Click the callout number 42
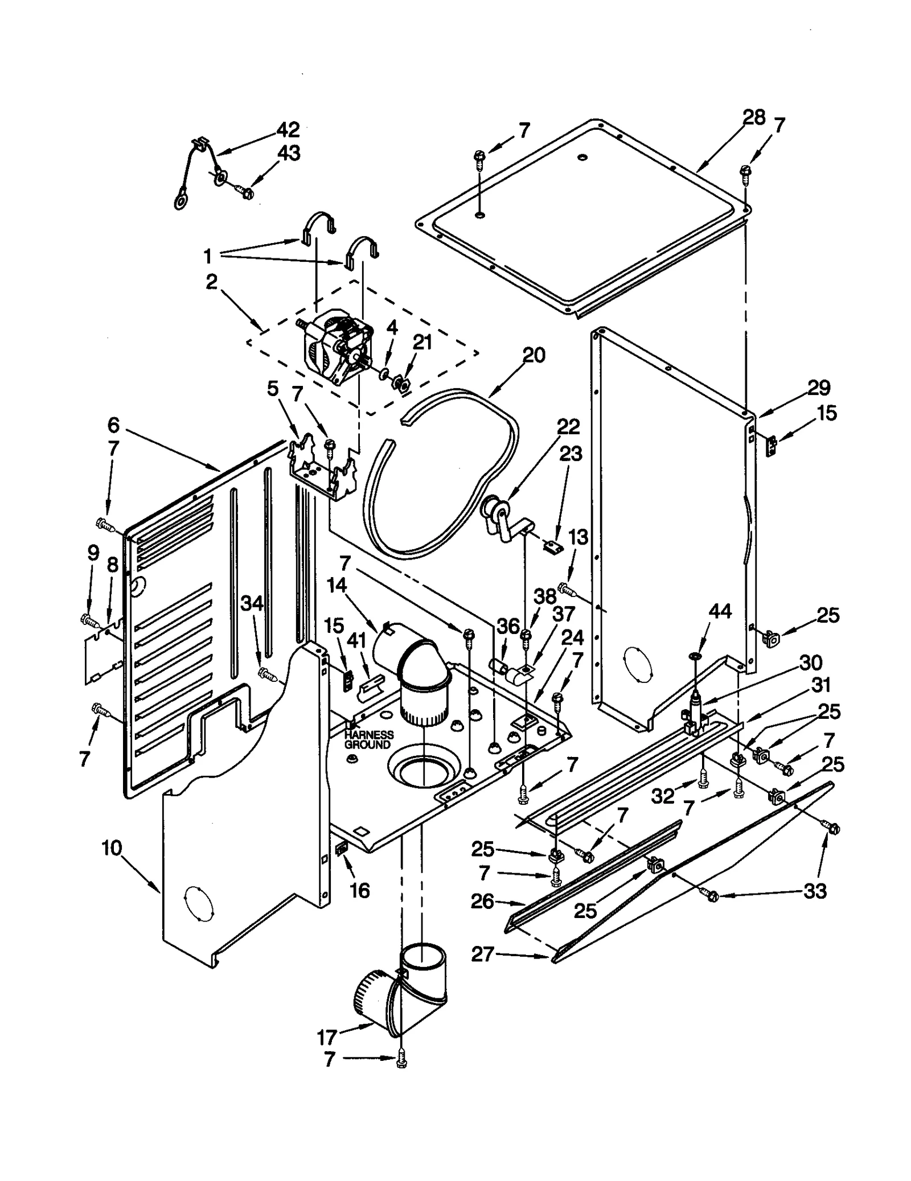(288, 130)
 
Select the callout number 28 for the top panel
(754, 118)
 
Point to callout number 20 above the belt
(534, 355)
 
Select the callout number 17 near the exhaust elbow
(327, 1038)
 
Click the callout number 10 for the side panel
(112, 847)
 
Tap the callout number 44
(720, 611)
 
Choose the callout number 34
(252, 603)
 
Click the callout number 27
(482, 953)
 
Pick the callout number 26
(482, 901)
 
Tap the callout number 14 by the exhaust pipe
(337, 586)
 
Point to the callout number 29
(819, 388)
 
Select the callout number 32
(663, 796)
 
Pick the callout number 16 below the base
(360, 890)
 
